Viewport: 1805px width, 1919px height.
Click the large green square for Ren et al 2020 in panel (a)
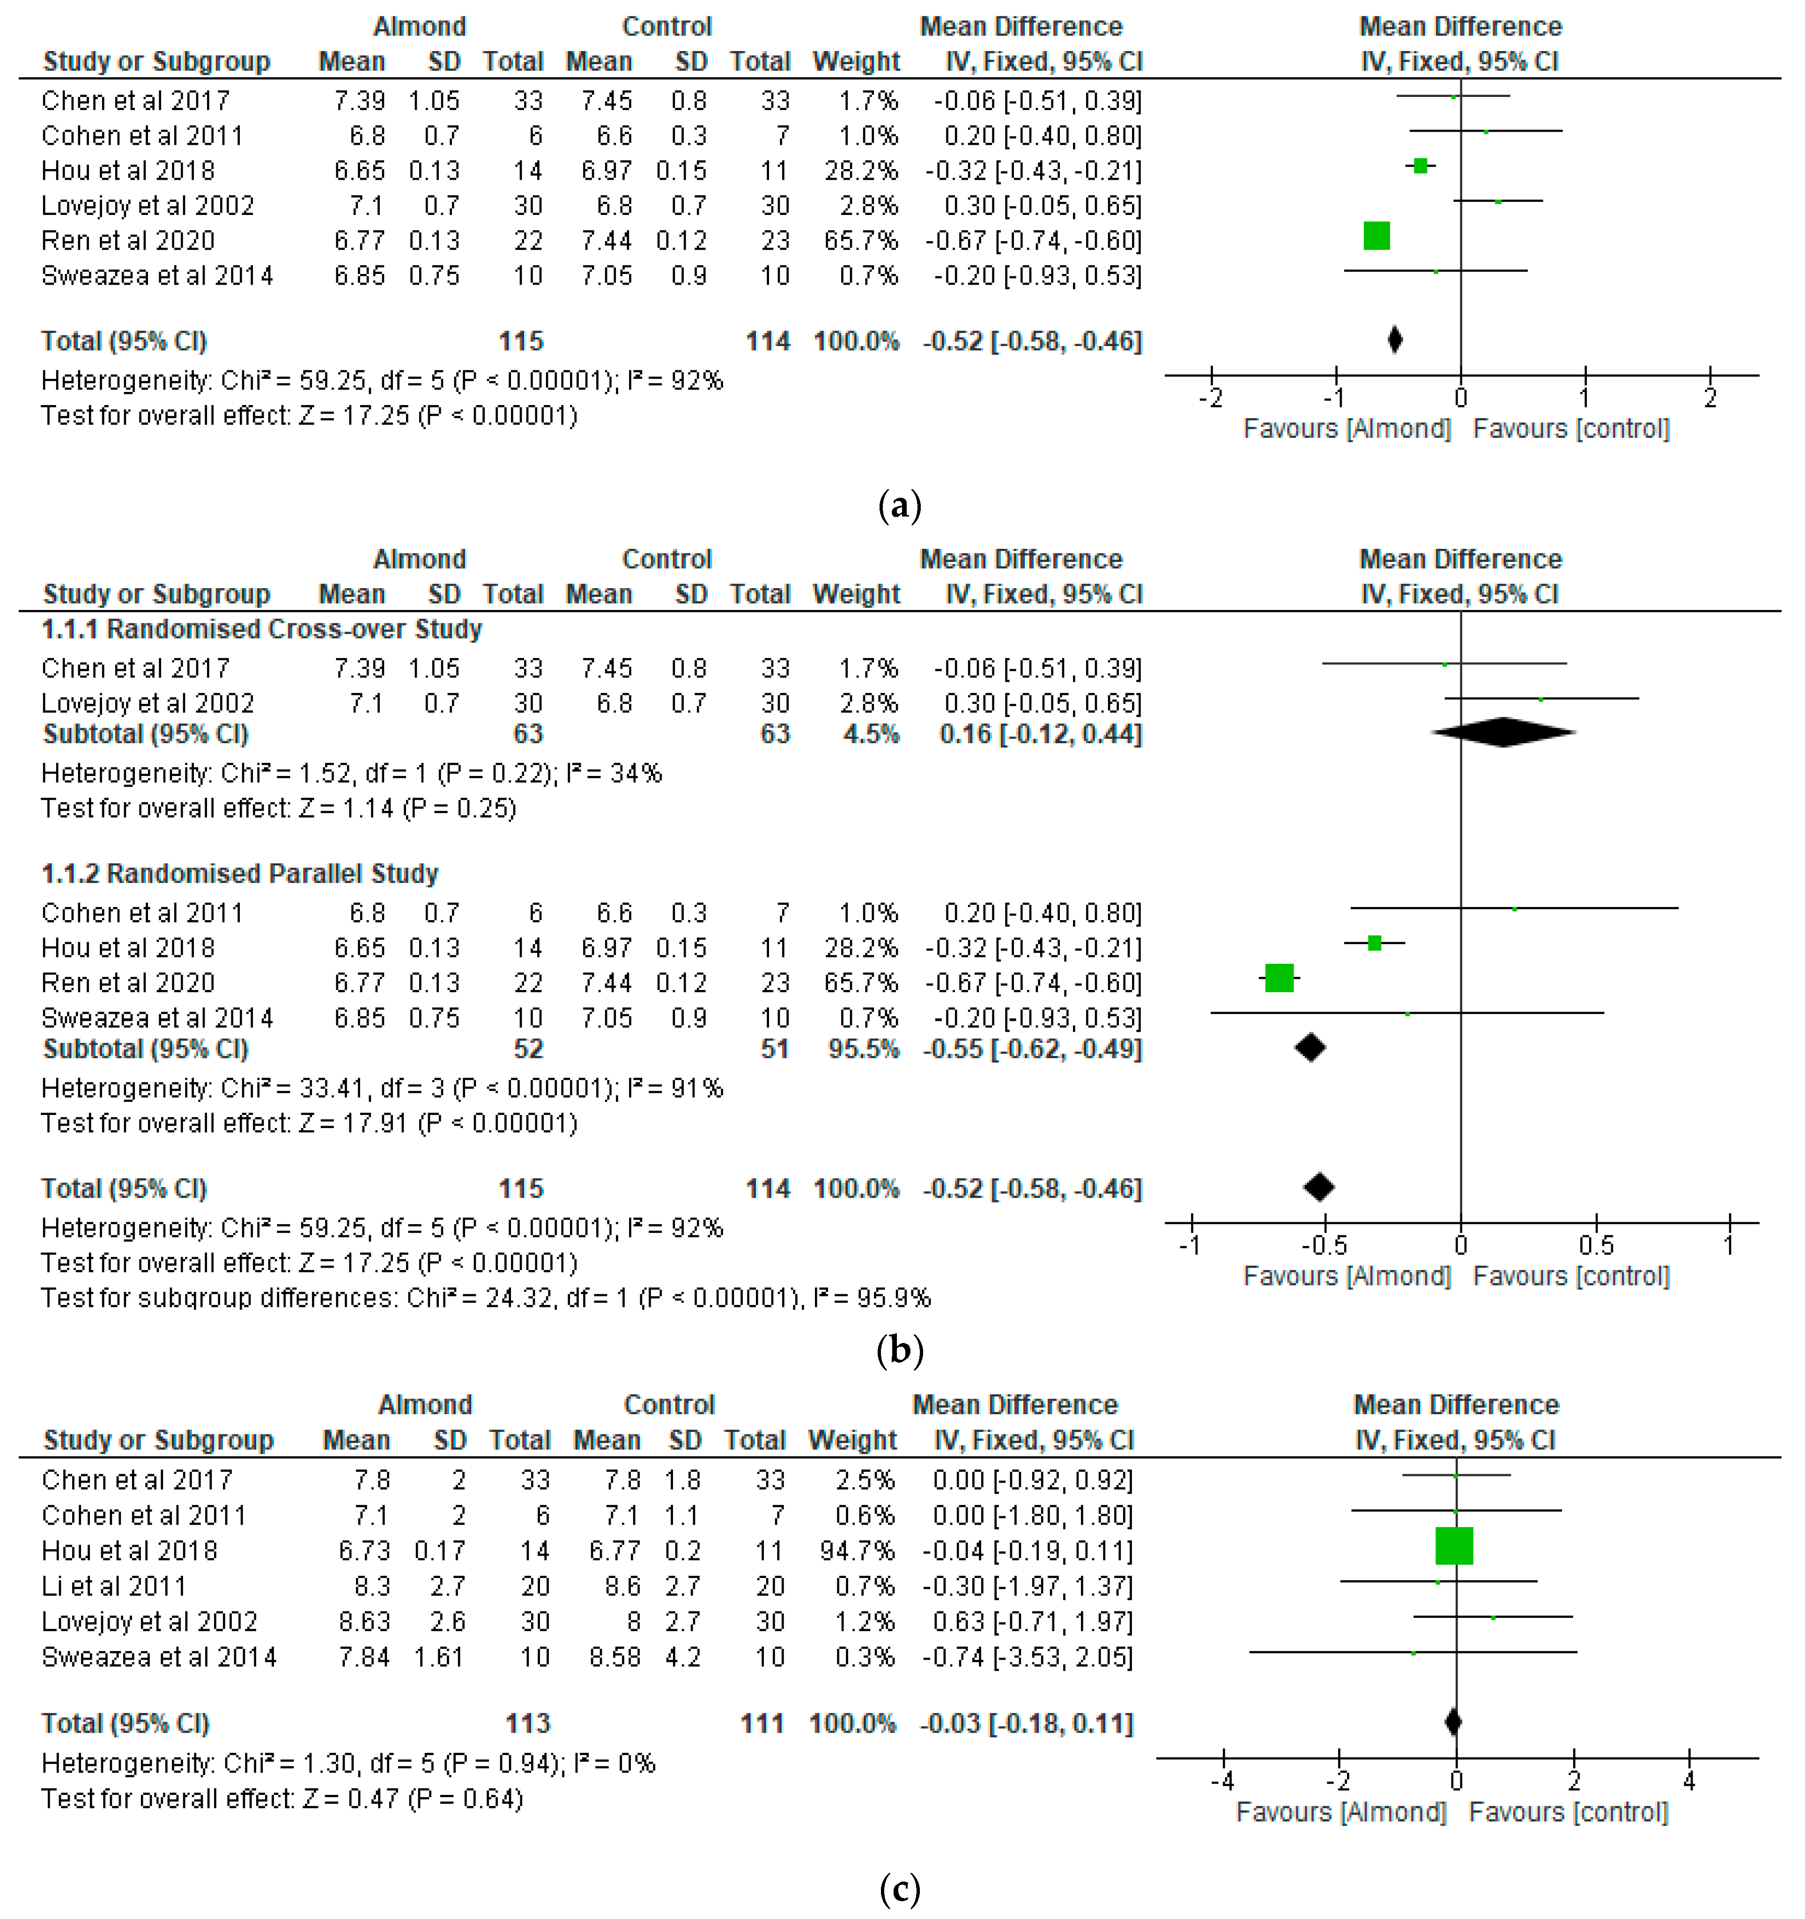(x=1376, y=236)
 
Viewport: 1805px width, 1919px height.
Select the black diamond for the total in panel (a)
(x=1395, y=340)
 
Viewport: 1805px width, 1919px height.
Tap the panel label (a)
(x=900, y=505)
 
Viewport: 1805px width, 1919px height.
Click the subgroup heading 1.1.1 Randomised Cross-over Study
(x=262, y=629)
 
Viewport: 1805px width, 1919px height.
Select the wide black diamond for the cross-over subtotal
(x=1503, y=733)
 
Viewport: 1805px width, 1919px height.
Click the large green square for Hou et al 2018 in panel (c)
(x=1454, y=1545)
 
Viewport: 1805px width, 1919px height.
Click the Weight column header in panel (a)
(x=856, y=62)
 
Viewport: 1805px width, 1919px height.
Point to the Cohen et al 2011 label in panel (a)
(x=142, y=136)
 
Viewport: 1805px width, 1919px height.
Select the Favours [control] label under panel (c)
(x=1568, y=1812)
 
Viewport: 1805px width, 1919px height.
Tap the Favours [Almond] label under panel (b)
(x=1346, y=1276)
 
